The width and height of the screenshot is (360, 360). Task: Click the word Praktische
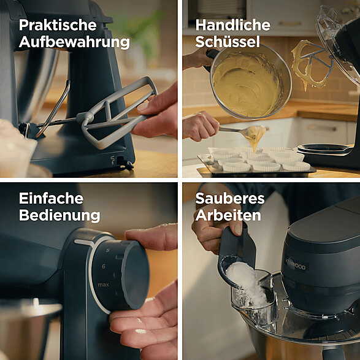click(x=58, y=25)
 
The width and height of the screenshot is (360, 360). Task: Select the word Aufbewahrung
click(x=74, y=42)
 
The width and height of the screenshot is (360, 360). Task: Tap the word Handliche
click(x=233, y=25)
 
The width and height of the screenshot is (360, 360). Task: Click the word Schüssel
click(x=228, y=42)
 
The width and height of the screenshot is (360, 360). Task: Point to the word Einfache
click(x=51, y=198)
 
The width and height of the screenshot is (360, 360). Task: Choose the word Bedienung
click(x=59, y=215)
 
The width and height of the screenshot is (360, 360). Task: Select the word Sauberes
click(x=230, y=198)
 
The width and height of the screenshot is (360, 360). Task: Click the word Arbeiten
click(x=228, y=215)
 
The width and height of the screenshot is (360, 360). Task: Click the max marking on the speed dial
click(x=103, y=285)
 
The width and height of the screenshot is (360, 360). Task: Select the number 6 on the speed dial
click(x=104, y=266)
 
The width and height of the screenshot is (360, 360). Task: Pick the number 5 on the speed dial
click(x=107, y=250)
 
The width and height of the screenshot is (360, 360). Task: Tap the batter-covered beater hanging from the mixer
click(x=311, y=64)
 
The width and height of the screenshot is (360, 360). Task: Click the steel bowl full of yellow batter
click(x=250, y=83)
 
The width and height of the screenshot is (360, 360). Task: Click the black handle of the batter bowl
click(x=210, y=58)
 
